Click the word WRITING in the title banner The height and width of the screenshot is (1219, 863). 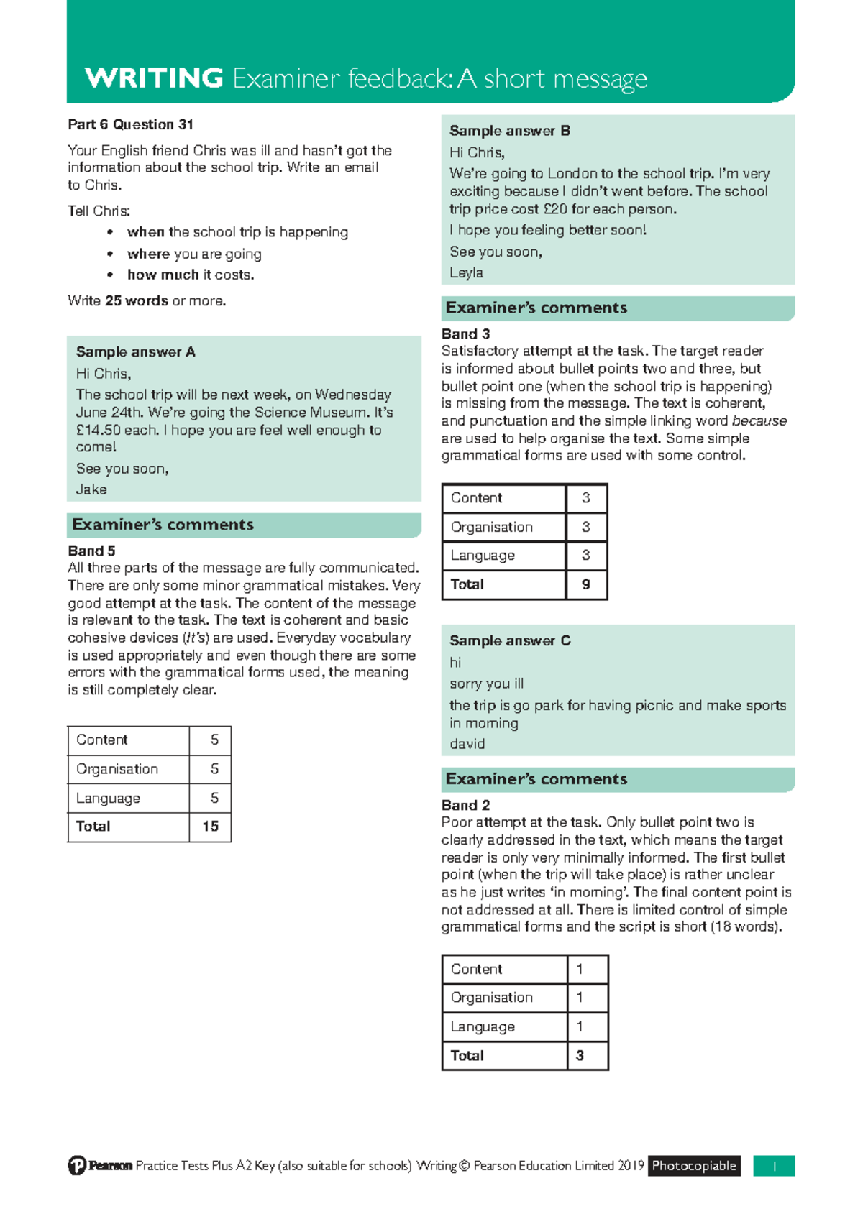click(154, 78)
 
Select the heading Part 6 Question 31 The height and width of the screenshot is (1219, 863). click(130, 124)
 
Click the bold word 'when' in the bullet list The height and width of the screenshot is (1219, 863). click(146, 232)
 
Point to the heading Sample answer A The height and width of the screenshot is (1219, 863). click(135, 352)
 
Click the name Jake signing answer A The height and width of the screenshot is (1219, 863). click(91, 489)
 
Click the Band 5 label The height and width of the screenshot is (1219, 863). click(91, 551)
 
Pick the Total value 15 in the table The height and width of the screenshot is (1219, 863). click(210, 827)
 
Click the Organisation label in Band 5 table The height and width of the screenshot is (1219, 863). click(117, 769)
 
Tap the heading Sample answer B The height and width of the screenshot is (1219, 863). click(509, 131)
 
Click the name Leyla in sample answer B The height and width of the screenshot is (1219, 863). click(466, 273)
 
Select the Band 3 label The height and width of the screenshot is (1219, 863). click(465, 334)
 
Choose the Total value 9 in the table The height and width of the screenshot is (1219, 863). click(585, 584)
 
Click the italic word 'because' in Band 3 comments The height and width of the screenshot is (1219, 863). click(759, 421)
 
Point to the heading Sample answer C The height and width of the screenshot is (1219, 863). click(509, 640)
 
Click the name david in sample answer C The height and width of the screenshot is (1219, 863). click(467, 744)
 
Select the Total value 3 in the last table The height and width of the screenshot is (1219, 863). click(580, 1056)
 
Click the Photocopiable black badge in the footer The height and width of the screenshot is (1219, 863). click(693, 1166)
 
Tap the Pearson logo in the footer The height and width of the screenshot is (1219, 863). click(100, 1166)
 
